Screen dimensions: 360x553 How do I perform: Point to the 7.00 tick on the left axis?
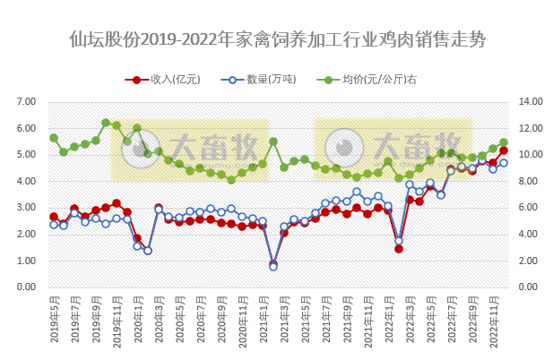[x=33, y=101]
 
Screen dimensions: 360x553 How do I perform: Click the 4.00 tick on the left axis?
[x=33, y=181]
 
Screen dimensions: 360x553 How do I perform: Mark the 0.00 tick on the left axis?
[x=33, y=287]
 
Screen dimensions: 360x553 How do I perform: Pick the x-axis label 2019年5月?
[x=54, y=322]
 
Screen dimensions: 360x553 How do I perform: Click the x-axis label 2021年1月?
[x=264, y=322]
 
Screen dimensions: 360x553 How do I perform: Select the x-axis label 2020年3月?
[x=159, y=322]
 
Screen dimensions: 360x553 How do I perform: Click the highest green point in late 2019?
[x=106, y=123]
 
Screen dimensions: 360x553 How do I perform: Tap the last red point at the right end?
[x=504, y=150]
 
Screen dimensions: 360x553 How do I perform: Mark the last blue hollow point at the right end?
[x=504, y=162]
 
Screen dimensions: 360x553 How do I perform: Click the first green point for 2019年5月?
[x=54, y=138]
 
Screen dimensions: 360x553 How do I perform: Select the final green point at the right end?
[x=504, y=142]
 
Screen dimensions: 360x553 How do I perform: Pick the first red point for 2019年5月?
[x=54, y=217]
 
